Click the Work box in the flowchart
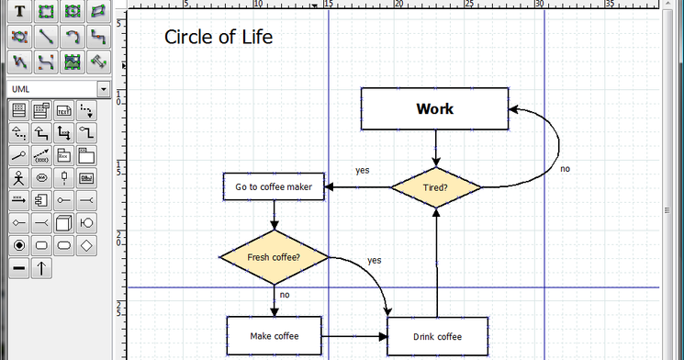[x=434, y=109]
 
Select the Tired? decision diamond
[x=436, y=187]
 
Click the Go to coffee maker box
[x=274, y=187]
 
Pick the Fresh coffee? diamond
[x=274, y=256]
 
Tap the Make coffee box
[x=275, y=336]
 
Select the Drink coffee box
[x=437, y=337]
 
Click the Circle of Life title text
[x=219, y=38]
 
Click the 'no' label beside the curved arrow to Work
[x=565, y=169]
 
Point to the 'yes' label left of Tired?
[x=363, y=170]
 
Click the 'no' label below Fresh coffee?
[x=285, y=295]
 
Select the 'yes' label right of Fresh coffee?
[x=375, y=260]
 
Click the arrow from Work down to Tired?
[x=436, y=147]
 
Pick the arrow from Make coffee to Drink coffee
[x=355, y=337]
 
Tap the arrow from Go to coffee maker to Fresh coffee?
[x=274, y=216]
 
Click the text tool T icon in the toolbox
[x=18, y=13]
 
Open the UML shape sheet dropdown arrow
[x=104, y=89]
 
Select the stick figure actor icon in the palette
[x=18, y=177]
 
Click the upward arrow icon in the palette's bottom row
[x=42, y=268]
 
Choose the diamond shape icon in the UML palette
[x=86, y=245]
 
